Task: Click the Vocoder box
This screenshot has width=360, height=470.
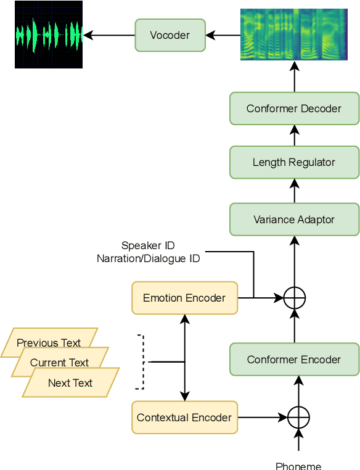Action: (170, 35)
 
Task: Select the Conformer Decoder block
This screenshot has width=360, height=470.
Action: (294, 109)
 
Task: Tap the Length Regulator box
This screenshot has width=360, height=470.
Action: (294, 162)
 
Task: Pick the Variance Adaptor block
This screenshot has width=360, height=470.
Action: (294, 220)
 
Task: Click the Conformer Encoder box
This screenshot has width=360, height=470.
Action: (294, 360)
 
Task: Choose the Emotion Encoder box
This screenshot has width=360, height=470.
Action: (184, 298)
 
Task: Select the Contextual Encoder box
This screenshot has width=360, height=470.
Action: (184, 418)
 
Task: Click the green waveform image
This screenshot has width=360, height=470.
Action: (49, 35)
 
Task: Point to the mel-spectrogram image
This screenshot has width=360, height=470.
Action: (294, 35)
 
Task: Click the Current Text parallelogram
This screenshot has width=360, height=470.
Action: (60, 363)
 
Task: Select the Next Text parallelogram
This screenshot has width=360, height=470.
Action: (70, 383)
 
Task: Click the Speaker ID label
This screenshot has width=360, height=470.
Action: (149, 245)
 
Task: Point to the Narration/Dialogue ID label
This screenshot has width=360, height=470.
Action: (149, 259)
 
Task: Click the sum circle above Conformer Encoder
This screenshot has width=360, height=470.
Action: (295, 299)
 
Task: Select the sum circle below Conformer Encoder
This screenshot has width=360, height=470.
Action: (298, 418)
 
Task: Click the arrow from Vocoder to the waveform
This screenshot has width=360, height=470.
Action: (108, 35)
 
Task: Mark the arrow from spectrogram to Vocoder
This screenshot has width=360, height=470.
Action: (223, 35)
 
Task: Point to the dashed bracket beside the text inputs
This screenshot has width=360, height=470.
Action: (142, 362)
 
